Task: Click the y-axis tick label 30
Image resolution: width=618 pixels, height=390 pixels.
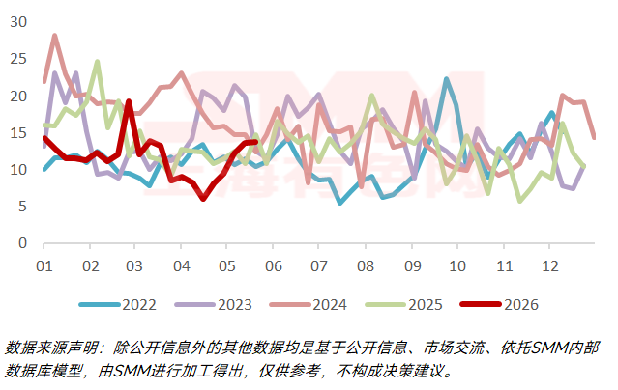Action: (x=18, y=22)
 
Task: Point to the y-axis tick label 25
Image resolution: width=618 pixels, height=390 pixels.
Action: (x=18, y=59)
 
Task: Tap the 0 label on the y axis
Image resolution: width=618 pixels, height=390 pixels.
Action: (x=22, y=243)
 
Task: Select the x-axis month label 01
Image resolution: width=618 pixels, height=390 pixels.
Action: (x=44, y=266)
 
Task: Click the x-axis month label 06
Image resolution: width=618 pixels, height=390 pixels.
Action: (x=273, y=266)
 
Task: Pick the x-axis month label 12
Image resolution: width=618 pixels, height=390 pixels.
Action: (x=550, y=266)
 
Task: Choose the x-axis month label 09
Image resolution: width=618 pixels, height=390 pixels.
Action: (x=412, y=266)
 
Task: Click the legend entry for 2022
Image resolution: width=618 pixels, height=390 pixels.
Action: (x=118, y=305)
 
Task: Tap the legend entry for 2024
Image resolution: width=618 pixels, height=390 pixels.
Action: (x=309, y=305)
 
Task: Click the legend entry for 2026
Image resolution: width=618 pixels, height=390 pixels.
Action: (x=499, y=305)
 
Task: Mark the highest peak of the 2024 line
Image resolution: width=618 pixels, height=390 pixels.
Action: (x=55, y=36)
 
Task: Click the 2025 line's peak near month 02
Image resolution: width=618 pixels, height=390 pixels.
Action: (x=97, y=62)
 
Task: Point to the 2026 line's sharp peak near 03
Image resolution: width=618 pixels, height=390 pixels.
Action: (x=129, y=101)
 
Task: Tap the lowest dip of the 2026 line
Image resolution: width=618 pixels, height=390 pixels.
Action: (x=203, y=199)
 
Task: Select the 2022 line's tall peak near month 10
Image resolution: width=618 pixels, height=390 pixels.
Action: (x=446, y=79)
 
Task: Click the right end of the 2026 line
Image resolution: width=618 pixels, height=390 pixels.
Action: (x=256, y=142)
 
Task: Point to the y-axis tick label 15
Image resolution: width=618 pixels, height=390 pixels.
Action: (x=18, y=133)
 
